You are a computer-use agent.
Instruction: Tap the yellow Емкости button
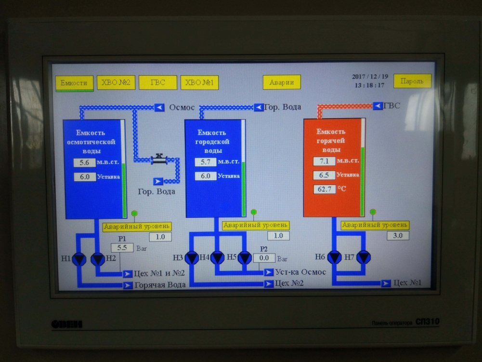pos(74,83)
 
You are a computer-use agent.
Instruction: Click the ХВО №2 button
pos(116,82)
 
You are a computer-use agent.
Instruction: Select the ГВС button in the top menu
pos(157,82)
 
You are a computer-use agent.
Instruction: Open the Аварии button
pos(282,82)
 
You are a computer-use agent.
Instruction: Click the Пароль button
pos(412,81)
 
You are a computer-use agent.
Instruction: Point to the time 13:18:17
pos(370,85)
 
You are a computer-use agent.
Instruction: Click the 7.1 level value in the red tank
pos(324,161)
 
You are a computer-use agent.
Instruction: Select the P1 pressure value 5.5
pos(122,248)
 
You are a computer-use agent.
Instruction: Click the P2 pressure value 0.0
pos(264,258)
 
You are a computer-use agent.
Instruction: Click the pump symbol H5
pos(245,258)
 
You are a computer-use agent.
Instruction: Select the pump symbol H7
pos(363,257)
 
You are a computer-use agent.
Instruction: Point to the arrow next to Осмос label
pos(159,107)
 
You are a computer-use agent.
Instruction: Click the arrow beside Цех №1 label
pos(386,283)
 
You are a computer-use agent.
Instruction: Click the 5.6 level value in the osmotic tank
pos(85,163)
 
